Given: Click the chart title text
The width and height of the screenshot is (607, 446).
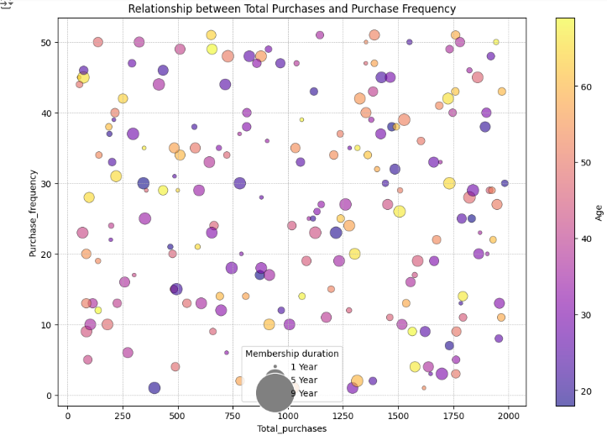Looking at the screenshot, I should [x=291, y=9].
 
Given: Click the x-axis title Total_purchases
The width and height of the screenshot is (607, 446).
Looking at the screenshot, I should [x=291, y=428].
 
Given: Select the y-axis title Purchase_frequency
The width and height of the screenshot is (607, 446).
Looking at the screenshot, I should [x=34, y=213].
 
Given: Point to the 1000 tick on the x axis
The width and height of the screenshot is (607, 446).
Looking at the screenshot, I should [x=288, y=414].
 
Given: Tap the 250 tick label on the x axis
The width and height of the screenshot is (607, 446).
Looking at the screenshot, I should [x=123, y=414].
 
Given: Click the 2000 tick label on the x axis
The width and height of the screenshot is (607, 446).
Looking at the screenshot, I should [x=509, y=414].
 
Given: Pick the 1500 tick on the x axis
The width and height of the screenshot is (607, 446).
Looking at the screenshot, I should [x=398, y=414].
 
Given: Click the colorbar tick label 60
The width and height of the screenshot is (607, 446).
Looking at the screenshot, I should [x=588, y=87].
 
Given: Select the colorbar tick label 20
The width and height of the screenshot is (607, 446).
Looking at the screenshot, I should [x=588, y=391].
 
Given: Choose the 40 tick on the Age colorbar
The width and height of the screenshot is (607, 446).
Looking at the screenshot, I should [x=588, y=239].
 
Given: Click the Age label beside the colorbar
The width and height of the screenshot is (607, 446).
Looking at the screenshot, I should [x=599, y=213].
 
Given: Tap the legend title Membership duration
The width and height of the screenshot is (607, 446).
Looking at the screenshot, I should [x=292, y=354].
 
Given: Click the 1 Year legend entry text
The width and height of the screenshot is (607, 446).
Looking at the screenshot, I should [x=303, y=367].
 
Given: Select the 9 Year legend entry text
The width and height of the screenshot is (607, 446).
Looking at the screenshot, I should [x=303, y=393].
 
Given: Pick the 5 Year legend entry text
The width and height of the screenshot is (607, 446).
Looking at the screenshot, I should [x=303, y=380].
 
